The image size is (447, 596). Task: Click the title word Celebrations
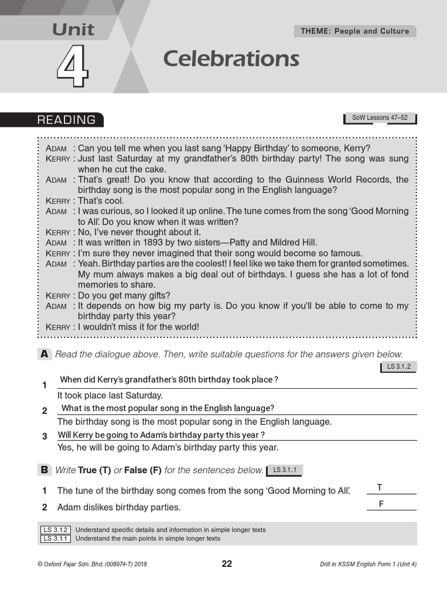tap(231, 59)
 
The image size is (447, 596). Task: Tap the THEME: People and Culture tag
tap(354, 31)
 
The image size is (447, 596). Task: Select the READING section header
tap(66, 120)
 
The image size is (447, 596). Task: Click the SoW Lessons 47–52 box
tap(380, 118)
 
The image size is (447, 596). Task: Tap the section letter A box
tap(44, 354)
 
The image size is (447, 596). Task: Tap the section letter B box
tap(44, 470)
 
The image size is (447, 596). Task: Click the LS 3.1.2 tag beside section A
tap(399, 367)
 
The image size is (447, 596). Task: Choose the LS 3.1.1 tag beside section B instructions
tap(285, 470)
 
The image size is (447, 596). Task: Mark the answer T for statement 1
tap(379, 488)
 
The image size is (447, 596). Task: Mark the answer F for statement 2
tap(381, 504)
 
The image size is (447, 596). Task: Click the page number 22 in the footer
tap(226, 563)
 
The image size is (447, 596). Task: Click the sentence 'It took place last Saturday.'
tap(110, 395)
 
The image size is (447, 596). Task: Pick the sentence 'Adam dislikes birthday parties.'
tap(119, 508)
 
